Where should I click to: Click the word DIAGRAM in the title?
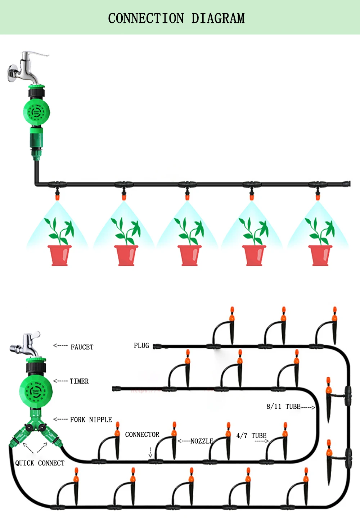point(218,18)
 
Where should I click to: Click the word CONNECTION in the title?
point(146,18)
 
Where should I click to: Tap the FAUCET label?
point(82,347)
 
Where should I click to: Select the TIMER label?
point(79,381)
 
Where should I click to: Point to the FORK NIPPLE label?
point(91,420)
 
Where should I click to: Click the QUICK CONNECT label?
point(40,463)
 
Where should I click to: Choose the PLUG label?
point(141,346)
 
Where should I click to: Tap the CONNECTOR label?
point(142,435)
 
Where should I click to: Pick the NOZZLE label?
point(202,441)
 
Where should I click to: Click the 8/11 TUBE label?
point(283,407)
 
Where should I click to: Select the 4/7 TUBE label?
point(251,436)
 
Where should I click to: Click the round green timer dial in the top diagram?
point(36,112)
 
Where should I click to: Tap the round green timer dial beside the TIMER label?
point(36,391)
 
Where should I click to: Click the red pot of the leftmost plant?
point(60,255)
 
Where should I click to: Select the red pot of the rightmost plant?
point(320,255)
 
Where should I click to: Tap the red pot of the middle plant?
point(190,255)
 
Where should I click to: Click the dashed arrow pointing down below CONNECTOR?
point(150,453)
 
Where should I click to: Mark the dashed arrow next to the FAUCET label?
point(60,345)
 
